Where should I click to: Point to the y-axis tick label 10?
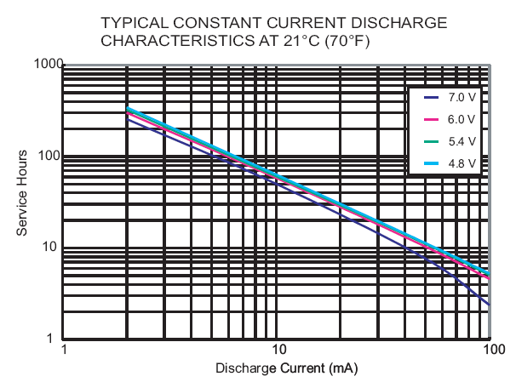coord(49,248)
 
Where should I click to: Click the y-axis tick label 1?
coord(53,339)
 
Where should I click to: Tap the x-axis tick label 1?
coord(64,351)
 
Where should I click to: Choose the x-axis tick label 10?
coord(277,351)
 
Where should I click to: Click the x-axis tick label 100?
coord(490,351)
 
